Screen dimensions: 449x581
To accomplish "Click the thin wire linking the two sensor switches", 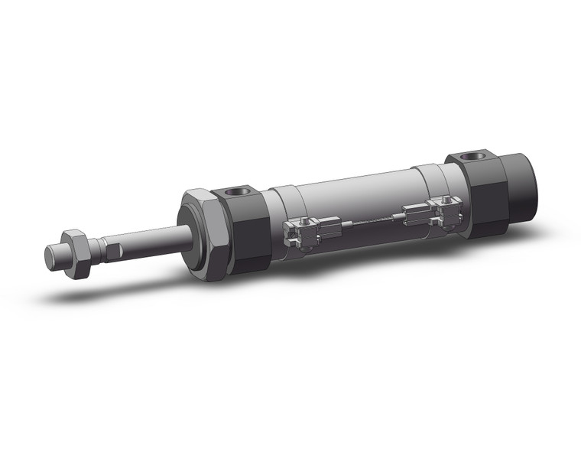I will (x=367, y=221).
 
